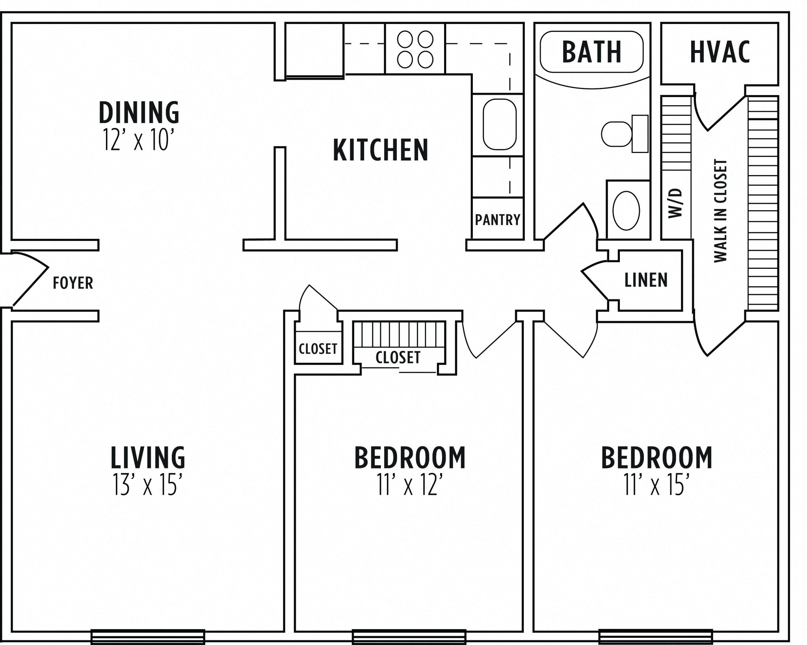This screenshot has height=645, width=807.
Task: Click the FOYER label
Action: coord(73,283)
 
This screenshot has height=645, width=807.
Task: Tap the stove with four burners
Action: coord(415,49)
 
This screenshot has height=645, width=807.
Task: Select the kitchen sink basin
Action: coord(499,125)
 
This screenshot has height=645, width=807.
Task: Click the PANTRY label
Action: coord(497,220)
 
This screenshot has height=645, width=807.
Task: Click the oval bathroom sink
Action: coord(626,211)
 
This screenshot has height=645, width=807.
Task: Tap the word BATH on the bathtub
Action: coord(591,52)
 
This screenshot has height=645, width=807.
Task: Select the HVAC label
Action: coord(720,52)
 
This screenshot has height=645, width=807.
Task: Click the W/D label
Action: coord(675,203)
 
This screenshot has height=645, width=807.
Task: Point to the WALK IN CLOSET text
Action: coord(720,211)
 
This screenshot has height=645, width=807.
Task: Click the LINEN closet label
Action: coord(646,280)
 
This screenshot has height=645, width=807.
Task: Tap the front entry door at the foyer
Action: coord(30,280)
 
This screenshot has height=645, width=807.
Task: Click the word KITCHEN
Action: coord(380,150)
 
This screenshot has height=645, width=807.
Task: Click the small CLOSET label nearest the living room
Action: coord(318,349)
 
